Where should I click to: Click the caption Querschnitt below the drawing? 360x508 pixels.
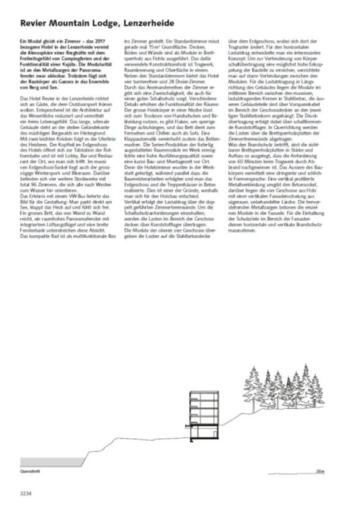click(29, 472)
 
